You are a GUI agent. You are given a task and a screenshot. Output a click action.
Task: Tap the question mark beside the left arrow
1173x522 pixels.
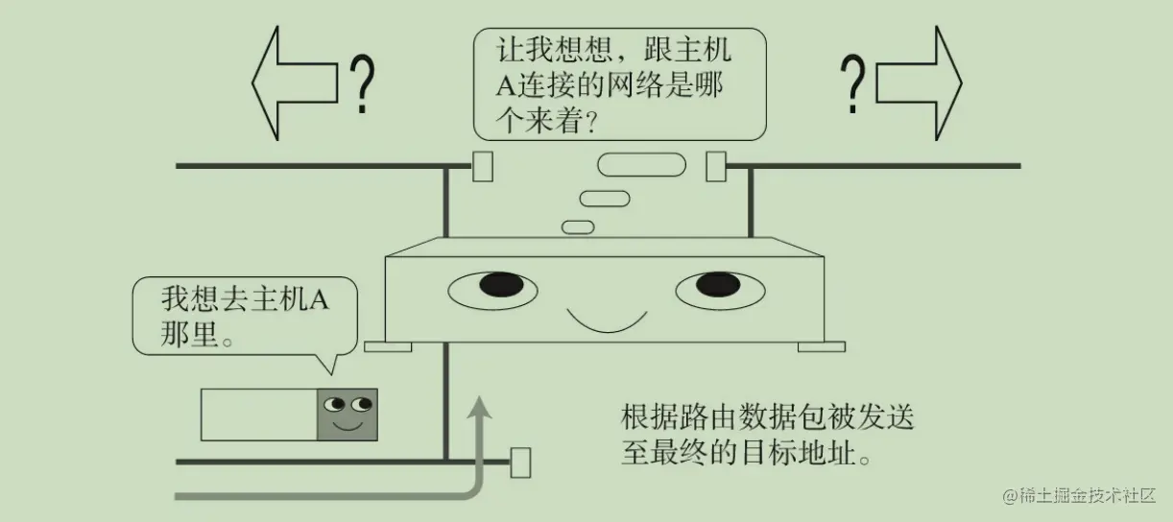[361, 84]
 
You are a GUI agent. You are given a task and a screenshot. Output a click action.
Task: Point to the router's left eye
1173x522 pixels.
[491, 287]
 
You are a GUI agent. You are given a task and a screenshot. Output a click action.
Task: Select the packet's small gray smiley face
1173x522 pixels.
[347, 414]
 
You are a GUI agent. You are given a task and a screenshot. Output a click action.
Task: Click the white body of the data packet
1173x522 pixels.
[258, 415]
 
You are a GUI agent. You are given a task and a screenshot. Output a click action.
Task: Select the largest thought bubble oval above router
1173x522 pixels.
[642, 165]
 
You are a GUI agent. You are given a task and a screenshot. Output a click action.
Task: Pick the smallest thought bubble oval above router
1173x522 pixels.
[577, 226]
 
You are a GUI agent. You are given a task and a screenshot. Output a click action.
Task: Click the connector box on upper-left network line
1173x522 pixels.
[483, 166]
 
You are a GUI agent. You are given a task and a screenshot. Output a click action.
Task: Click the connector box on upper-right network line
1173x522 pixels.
[716, 166]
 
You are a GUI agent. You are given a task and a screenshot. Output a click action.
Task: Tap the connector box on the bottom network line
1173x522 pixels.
[520, 463]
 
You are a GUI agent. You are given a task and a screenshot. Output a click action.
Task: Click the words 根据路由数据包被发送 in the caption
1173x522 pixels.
[766, 418]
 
